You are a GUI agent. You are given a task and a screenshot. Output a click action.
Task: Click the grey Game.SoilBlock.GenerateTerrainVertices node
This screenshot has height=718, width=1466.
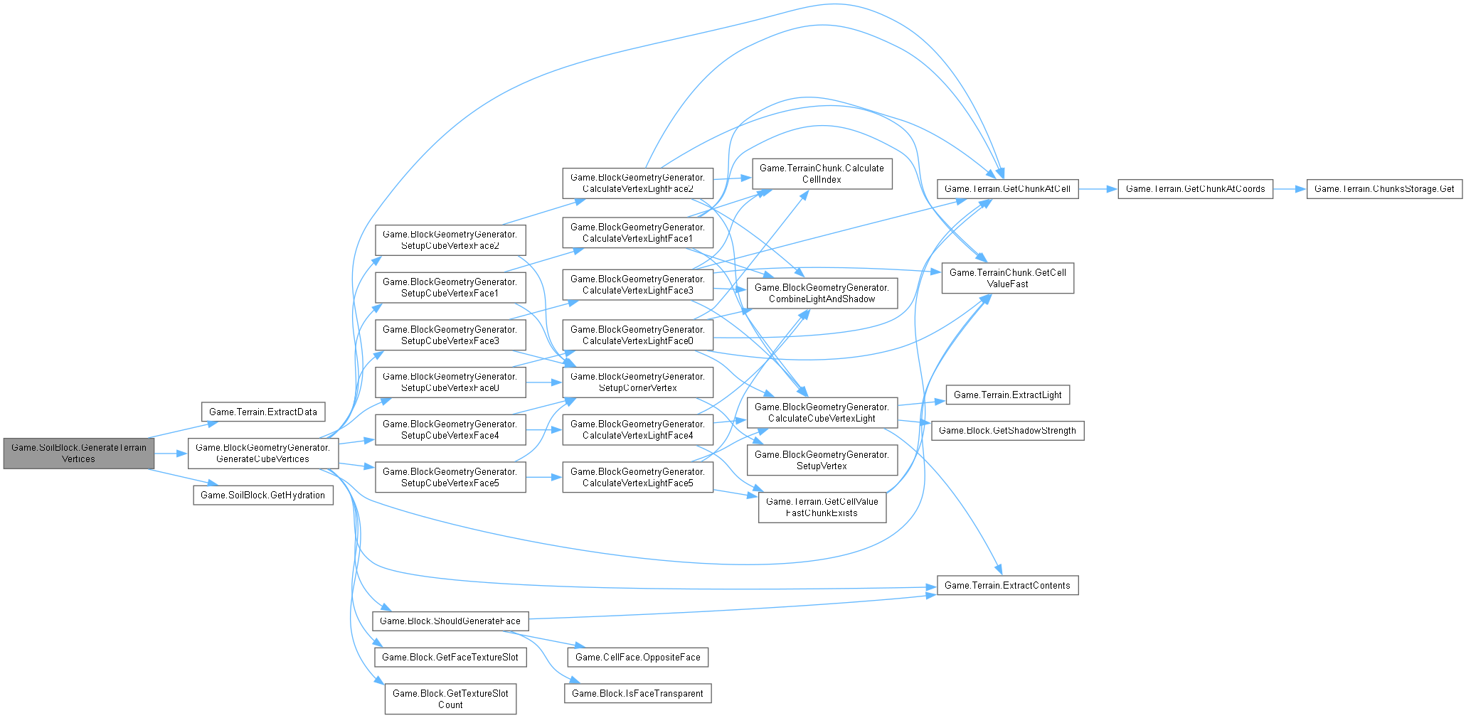point(79,454)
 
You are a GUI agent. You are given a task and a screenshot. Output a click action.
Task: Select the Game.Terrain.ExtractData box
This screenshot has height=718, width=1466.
point(263,412)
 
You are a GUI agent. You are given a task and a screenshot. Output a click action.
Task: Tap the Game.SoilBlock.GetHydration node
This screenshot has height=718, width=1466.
point(263,495)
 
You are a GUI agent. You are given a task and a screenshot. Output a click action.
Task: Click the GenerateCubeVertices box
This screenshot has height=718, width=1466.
point(263,454)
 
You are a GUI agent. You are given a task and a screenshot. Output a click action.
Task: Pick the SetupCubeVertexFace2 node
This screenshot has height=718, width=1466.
point(450,240)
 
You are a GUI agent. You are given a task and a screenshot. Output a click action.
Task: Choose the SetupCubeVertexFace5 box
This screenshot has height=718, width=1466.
point(450,478)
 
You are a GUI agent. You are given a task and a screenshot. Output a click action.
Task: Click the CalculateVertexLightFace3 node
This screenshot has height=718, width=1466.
point(638,285)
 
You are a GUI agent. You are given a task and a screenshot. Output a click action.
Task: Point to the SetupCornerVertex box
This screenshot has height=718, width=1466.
point(638,382)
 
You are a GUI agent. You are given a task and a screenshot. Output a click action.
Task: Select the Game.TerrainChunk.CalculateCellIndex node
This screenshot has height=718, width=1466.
point(822,174)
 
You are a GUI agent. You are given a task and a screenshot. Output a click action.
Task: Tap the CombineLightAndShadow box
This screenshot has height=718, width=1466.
point(822,294)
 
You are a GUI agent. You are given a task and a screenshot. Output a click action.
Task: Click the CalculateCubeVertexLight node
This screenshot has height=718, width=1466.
point(822,413)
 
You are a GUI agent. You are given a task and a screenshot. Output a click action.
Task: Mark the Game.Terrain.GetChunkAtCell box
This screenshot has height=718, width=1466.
point(1007,189)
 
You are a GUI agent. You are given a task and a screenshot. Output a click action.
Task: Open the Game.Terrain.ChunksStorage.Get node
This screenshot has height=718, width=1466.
point(1384,189)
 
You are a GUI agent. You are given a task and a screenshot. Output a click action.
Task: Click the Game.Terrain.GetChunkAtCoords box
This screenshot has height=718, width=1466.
point(1195,189)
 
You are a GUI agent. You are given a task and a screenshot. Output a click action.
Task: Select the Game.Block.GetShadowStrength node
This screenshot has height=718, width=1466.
point(1007,431)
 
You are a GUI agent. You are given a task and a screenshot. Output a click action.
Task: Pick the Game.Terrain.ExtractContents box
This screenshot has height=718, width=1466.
point(1007,586)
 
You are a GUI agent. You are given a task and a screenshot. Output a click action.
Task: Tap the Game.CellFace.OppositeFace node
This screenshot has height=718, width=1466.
point(638,658)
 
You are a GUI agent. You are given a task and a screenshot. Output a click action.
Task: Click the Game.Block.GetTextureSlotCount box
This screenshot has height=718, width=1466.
point(450,700)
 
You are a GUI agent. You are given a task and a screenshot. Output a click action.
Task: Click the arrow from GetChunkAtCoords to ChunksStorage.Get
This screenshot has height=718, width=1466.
point(1290,189)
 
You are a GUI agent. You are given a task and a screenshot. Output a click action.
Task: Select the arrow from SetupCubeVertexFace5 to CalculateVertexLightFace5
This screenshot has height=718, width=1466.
point(544,478)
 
